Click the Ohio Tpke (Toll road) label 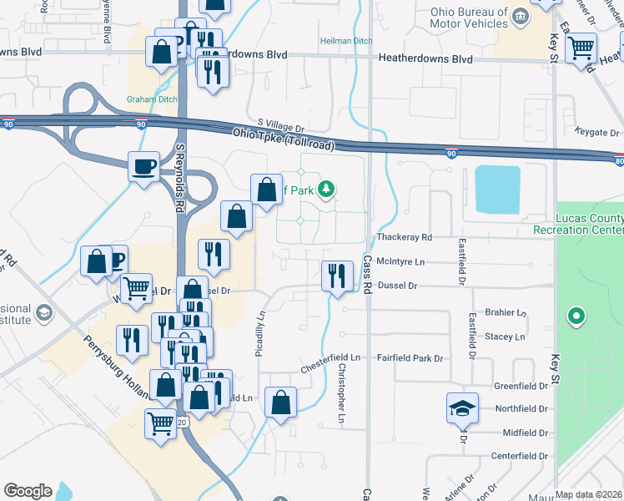point(284,139)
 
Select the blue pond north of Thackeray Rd point(497,189)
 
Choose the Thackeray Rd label point(405,237)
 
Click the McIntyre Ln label point(400,261)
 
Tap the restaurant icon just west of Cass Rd point(337,275)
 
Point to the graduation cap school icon point(462,407)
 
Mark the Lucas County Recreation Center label point(578,224)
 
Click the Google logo point(28,491)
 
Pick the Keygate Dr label point(597,132)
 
